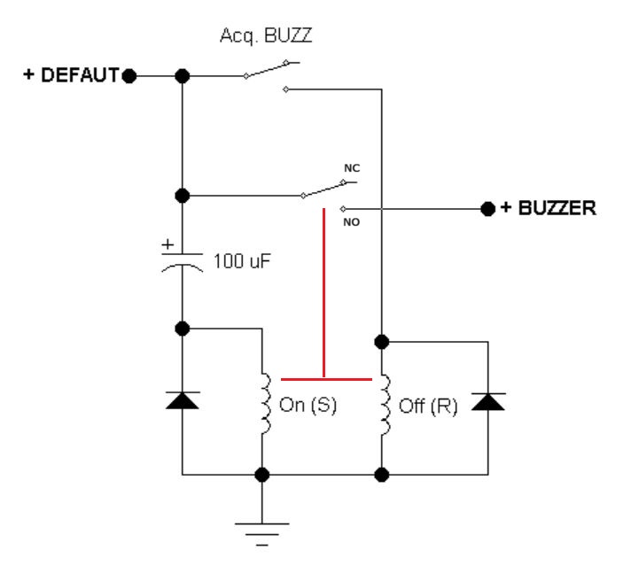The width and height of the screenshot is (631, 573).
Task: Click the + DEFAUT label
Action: pos(71,75)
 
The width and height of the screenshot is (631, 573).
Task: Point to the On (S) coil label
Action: pos(308,410)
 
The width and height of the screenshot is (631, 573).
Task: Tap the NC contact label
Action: pos(352,168)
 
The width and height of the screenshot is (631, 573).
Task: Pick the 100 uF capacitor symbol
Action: pos(183,262)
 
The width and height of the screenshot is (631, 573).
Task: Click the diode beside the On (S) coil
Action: pos(183,399)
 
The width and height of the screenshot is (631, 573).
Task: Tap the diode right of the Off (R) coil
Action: pos(488,400)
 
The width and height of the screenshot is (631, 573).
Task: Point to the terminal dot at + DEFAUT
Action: pos(129,75)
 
